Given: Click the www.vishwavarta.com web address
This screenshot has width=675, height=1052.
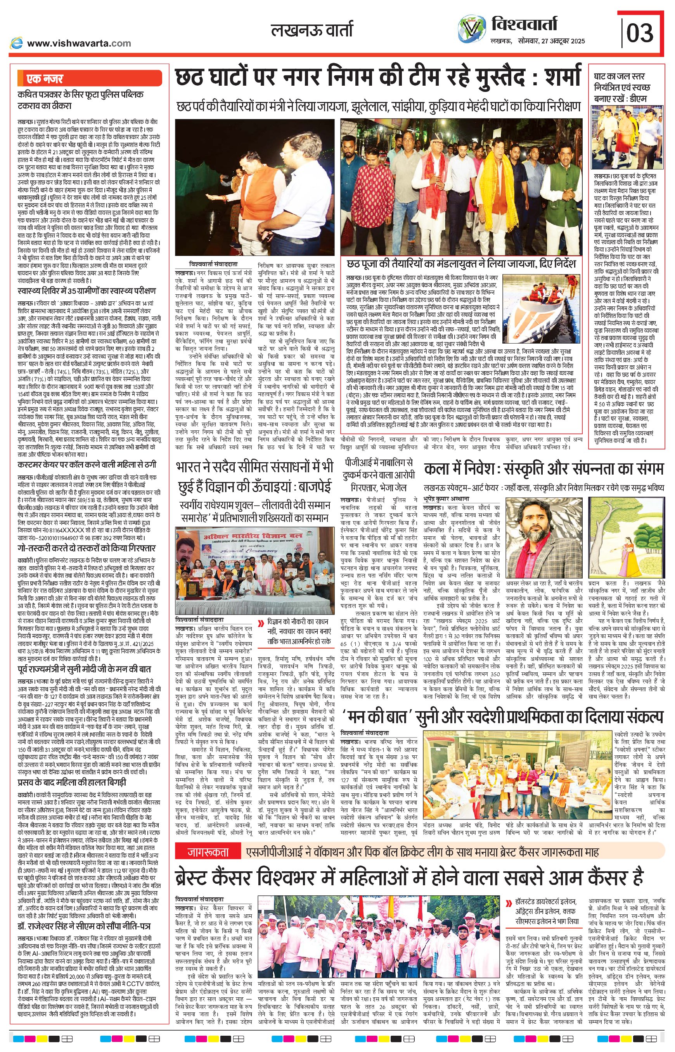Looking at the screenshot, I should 79,43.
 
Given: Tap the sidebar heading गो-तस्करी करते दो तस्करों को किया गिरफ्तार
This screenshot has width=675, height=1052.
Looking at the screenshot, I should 87,548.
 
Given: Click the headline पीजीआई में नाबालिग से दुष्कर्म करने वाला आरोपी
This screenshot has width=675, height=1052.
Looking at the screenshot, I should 377,475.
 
